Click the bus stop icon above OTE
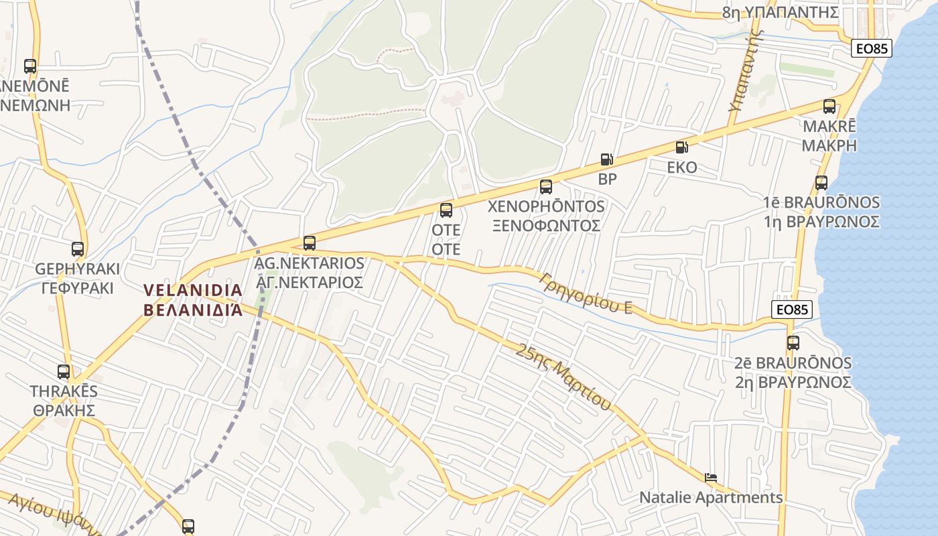(446, 210)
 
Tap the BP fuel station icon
(606, 159)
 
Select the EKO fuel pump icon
(681, 147)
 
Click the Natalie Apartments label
(710, 498)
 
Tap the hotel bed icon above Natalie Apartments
(711, 478)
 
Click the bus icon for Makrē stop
(829, 106)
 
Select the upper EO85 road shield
(872, 48)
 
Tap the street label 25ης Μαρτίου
(565, 376)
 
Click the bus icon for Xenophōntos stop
(546, 186)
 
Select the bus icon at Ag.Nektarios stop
(309, 243)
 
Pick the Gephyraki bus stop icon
(78, 249)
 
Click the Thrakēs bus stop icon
(64, 371)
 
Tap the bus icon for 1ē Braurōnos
(821, 182)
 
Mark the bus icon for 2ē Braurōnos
(793, 343)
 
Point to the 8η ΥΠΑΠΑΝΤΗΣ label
(780, 12)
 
